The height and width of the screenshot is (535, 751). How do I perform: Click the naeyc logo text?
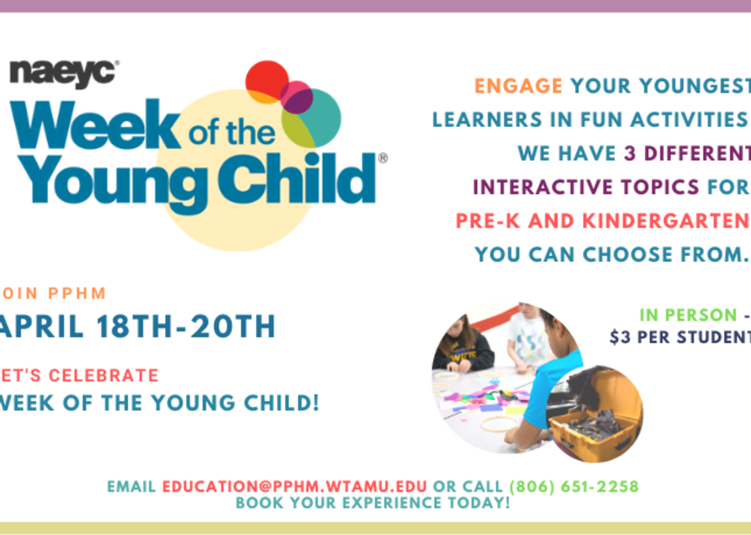[x=63, y=74]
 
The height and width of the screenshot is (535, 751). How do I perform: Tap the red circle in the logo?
[x=267, y=82]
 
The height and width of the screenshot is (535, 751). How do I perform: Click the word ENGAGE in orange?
[x=518, y=86]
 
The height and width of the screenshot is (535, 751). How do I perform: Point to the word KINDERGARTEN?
[x=666, y=221]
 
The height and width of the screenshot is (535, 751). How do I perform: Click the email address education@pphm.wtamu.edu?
[x=294, y=486]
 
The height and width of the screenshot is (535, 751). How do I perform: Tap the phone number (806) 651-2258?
[x=574, y=486]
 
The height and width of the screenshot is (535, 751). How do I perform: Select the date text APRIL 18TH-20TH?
[x=137, y=327]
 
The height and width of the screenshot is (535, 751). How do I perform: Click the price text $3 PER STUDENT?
[x=680, y=337]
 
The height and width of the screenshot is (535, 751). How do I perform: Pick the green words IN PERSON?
[x=688, y=315]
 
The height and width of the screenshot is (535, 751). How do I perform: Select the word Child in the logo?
[x=297, y=178]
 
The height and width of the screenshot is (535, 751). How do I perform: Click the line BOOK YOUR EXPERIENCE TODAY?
[x=373, y=503]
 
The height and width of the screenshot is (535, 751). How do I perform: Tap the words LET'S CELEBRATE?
[x=79, y=375]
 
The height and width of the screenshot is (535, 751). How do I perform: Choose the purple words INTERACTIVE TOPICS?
[x=586, y=187]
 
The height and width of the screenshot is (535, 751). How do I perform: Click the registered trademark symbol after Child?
[x=383, y=158]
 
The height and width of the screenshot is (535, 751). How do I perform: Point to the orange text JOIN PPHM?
[x=53, y=292]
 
